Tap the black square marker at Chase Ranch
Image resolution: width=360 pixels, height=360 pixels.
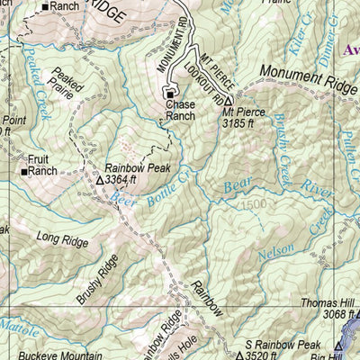pos(169,93)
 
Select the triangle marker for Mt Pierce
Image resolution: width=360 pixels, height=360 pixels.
pos(229,100)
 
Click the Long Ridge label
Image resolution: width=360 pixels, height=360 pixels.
pos(62,239)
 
